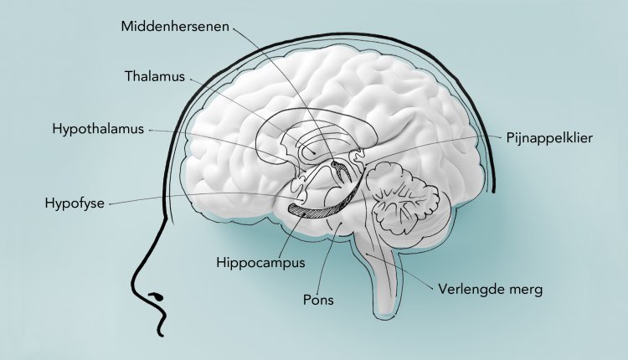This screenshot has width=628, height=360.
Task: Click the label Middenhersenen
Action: pyautogui.click(x=175, y=27)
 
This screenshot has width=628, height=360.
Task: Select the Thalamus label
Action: pyautogui.click(x=155, y=76)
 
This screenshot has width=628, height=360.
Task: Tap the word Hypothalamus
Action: pyautogui.click(x=98, y=129)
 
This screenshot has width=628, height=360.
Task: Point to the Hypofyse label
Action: pyautogui.click(x=75, y=203)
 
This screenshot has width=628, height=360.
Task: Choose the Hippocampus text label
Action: pyautogui.click(x=260, y=263)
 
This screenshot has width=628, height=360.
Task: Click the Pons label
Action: pyautogui.click(x=318, y=300)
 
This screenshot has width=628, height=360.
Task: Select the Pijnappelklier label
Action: pyautogui.click(x=549, y=138)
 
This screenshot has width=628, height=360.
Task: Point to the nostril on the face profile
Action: pyautogui.click(x=157, y=296)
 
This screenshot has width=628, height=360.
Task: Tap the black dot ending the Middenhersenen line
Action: pyautogui.click(x=333, y=164)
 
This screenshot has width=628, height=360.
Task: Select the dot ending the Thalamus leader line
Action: pyautogui.click(x=314, y=152)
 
